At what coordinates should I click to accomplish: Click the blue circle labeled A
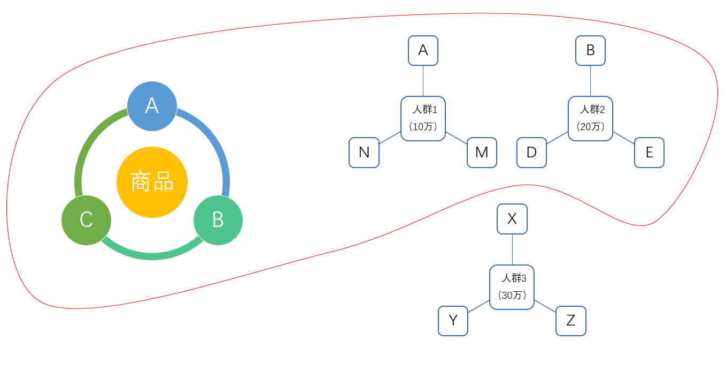[x=152, y=106]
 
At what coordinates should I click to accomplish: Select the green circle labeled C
[x=86, y=220]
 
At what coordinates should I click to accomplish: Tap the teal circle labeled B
[x=218, y=220]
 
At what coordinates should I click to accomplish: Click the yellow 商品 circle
[x=152, y=182]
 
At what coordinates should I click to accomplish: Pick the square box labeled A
[x=423, y=50]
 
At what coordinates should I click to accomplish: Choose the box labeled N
[x=364, y=153]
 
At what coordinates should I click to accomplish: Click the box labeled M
[x=482, y=153]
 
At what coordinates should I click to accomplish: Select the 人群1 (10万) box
[x=423, y=118]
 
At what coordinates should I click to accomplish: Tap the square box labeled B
[x=590, y=50]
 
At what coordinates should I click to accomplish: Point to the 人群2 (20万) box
[x=590, y=118]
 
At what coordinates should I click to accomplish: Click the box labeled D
[x=531, y=153]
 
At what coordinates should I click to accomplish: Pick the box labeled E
[x=649, y=153]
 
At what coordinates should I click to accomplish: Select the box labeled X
[x=512, y=219]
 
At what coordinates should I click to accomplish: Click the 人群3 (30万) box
[x=512, y=287]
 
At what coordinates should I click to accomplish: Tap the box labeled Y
[x=453, y=321]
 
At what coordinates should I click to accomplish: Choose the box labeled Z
[x=570, y=321]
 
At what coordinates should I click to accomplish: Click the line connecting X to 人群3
[x=512, y=249]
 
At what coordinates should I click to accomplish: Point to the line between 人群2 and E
[x=623, y=138]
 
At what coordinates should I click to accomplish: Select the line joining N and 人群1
[x=390, y=138]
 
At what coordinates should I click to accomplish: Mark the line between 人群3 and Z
[x=545, y=306]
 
